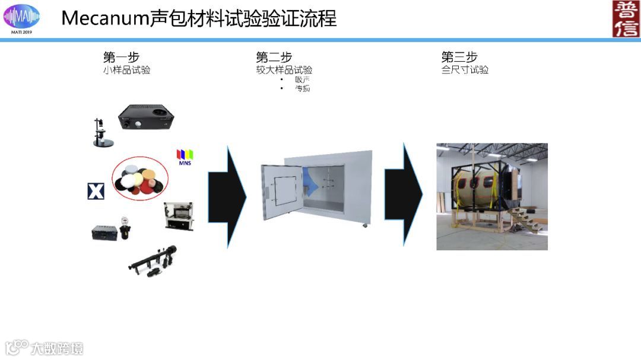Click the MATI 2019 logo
[21, 18]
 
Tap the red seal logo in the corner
[626, 19]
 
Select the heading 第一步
[121, 58]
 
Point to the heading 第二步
[274, 58]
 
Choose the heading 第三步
[459, 58]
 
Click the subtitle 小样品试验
[127, 70]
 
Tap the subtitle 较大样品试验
[284, 70]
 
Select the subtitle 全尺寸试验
[465, 70]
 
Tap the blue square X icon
[96, 191]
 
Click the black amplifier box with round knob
[146, 117]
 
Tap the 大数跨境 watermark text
[57, 348]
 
